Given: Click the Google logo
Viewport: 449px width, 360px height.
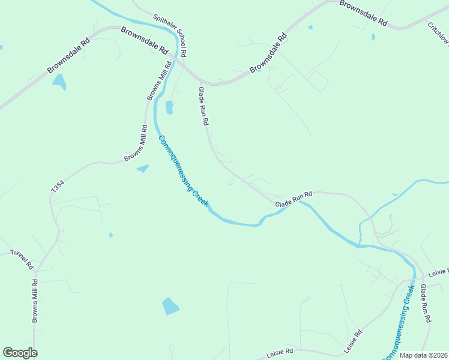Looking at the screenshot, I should pyautogui.click(x=20, y=353).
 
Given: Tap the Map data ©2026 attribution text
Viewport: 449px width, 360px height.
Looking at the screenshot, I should pyautogui.click(x=423, y=355).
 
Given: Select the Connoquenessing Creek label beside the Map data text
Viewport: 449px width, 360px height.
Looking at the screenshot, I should pyautogui.click(x=399, y=322).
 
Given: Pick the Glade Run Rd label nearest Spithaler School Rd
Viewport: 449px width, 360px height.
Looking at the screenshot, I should pyautogui.click(x=203, y=106).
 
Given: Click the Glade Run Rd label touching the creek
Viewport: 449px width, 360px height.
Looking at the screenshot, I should pyautogui.click(x=294, y=200).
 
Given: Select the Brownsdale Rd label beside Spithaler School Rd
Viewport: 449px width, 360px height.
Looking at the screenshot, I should pyautogui.click(x=144, y=38).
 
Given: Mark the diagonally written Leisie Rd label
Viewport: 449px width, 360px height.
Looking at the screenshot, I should pyautogui.click(x=353, y=341).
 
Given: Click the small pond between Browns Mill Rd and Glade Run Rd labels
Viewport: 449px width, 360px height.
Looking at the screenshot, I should pyautogui.click(x=169, y=107).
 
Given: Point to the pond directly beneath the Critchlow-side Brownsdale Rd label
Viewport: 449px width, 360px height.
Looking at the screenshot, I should pyautogui.click(x=373, y=37).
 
